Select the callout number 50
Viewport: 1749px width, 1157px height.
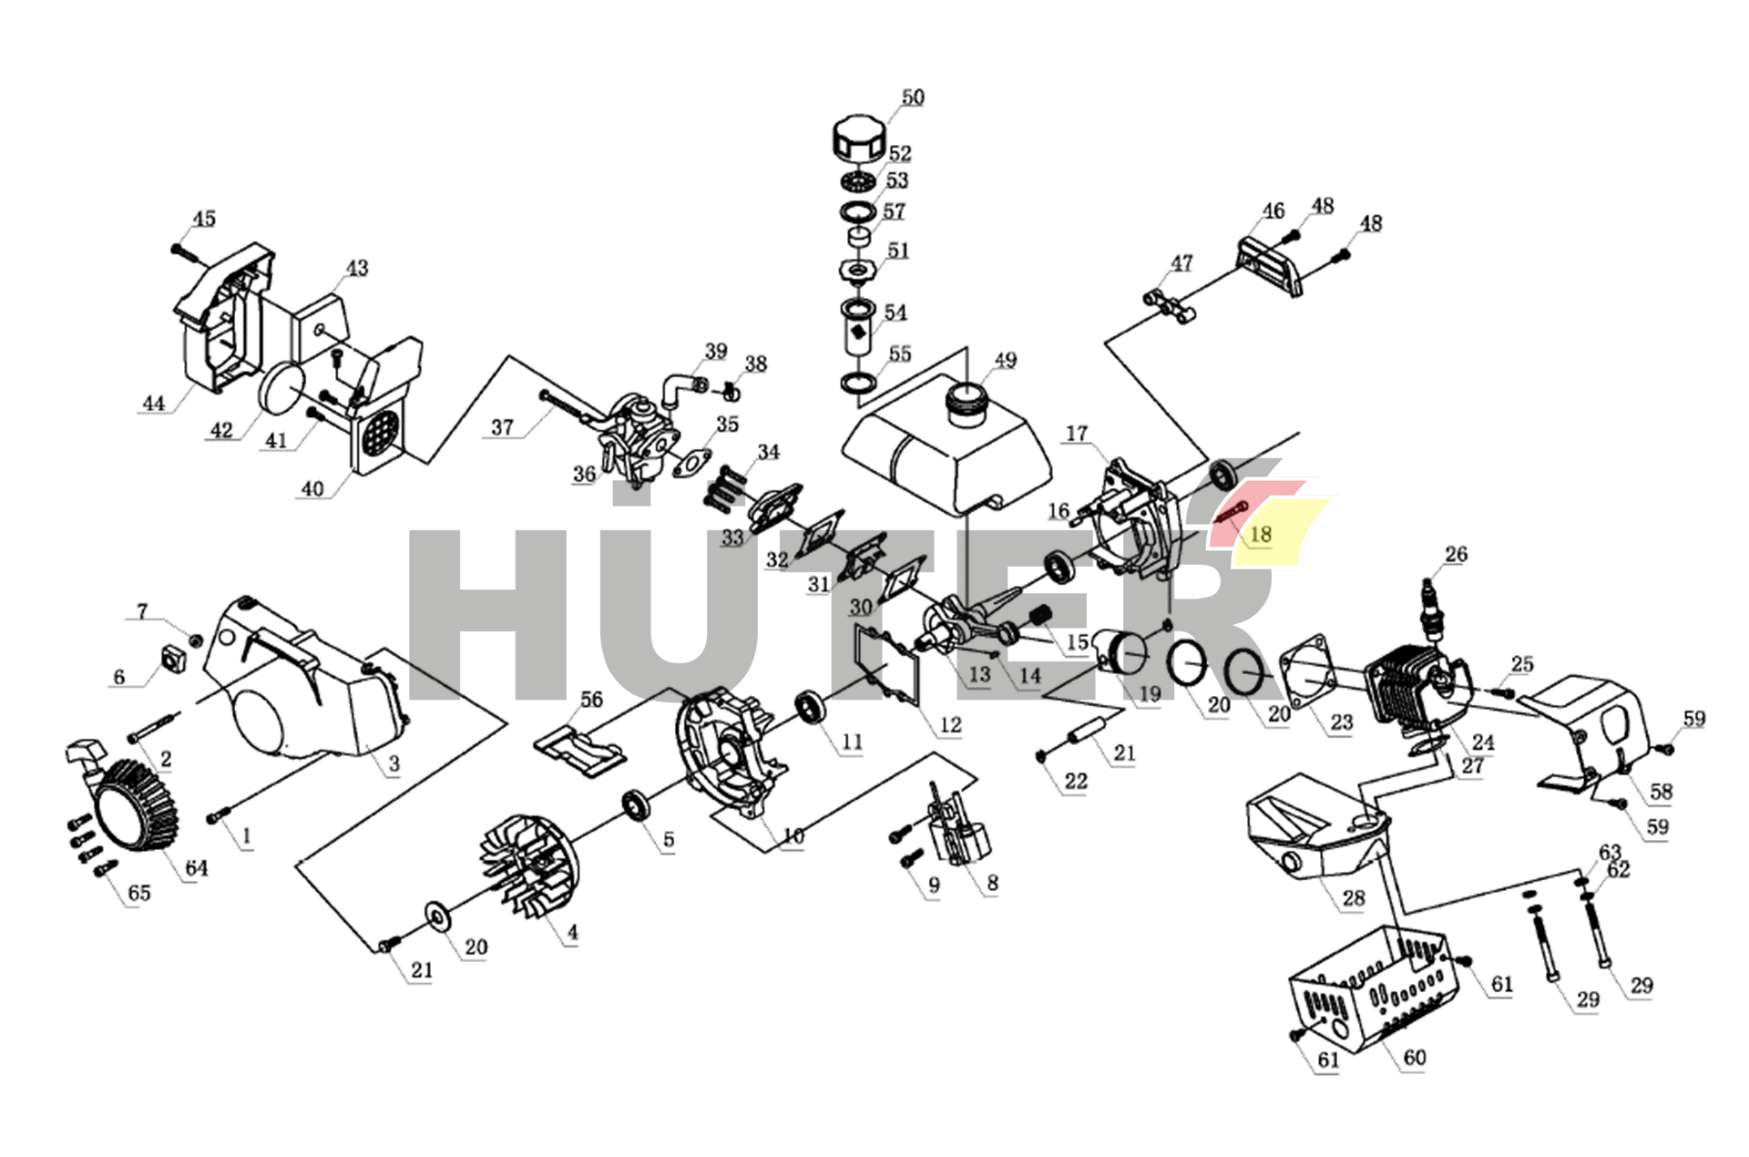click(912, 97)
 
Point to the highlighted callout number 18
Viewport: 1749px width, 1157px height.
click(1261, 534)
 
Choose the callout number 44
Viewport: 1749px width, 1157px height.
click(153, 403)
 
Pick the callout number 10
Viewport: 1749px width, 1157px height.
click(793, 835)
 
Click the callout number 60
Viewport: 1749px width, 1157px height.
click(1414, 1057)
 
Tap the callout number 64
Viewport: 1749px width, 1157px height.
click(196, 868)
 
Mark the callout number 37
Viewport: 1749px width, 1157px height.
click(502, 426)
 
